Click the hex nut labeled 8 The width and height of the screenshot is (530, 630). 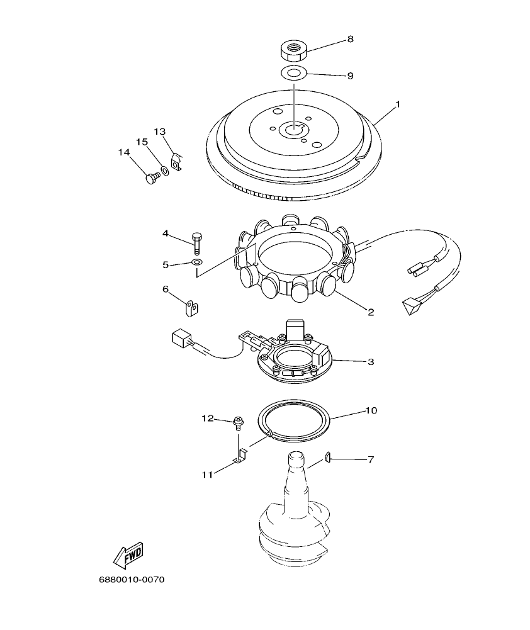293,48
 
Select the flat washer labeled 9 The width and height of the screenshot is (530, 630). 293,73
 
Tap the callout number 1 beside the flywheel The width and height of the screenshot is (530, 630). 397,103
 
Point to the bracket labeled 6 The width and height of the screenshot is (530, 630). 192,308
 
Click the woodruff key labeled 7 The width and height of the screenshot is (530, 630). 329,459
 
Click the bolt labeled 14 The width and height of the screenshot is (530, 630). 151,179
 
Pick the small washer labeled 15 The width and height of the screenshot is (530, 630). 164,170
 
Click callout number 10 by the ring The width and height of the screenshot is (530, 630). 371,410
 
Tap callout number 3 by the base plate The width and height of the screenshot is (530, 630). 371,361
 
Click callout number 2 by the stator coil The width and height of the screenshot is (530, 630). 371,311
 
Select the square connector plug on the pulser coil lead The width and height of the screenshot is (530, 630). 181,340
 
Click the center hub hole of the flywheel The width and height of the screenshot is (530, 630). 293,130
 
